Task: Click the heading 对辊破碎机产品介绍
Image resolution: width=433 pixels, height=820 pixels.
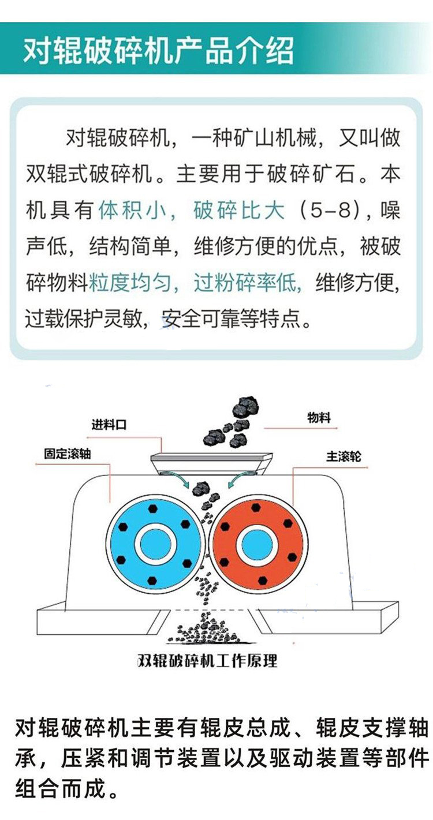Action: pyautogui.click(x=158, y=50)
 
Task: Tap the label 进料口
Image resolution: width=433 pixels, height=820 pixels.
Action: pyautogui.click(x=109, y=425)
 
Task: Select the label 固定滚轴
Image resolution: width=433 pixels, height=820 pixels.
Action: pyautogui.click(x=67, y=454)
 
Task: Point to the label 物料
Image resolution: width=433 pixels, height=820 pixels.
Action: pyautogui.click(x=319, y=417)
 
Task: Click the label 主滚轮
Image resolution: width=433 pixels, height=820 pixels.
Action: pyautogui.click(x=344, y=456)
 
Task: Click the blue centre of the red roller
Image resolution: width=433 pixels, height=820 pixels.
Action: pyautogui.click(x=257, y=545)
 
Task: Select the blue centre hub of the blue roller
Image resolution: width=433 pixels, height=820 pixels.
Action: pyautogui.click(x=155, y=545)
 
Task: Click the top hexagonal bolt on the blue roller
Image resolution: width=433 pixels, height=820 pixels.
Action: pyautogui.click(x=153, y=508)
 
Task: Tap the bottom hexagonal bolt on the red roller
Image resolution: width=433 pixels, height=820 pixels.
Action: pyautogui.click(x=262, y=581)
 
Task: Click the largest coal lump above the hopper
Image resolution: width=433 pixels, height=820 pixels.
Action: pyautogui.click(x=246, y=407)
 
